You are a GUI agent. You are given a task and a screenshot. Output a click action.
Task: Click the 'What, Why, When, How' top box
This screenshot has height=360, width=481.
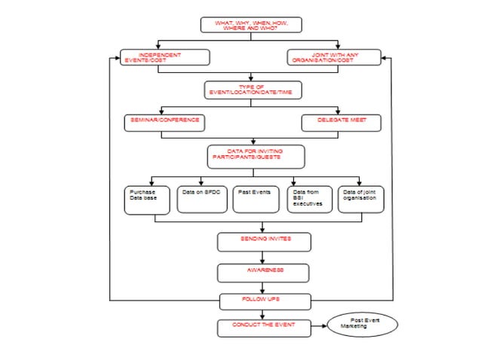click(x=251, y=25)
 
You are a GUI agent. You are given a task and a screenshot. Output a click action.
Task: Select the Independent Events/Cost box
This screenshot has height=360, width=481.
click(x=159, y=57)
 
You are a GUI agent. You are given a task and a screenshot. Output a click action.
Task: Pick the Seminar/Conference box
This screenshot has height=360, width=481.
click(x=164, y=122)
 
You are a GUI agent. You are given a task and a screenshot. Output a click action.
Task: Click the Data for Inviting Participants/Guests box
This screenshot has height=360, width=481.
click(x=256, y=157)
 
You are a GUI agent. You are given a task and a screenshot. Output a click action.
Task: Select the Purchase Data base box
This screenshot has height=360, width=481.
click(x=146, y=200)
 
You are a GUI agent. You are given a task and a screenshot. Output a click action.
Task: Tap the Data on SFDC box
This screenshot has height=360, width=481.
click(x=202, y=199)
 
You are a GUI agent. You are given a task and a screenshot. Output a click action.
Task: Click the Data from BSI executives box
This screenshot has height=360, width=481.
click(x=309, y=199)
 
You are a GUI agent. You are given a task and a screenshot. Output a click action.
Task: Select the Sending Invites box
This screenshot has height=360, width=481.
click(x=264, y=241)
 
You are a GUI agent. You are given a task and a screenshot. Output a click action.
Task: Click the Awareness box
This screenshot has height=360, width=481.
click(x=264, y=271)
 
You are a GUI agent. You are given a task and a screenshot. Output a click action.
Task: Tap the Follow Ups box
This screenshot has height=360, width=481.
click(x=265, y=301)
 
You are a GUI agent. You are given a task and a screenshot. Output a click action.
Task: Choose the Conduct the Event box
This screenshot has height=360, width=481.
click(x=263, y=328)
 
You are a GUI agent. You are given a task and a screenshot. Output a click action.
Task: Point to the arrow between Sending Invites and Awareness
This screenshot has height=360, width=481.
click(x=263, y=257)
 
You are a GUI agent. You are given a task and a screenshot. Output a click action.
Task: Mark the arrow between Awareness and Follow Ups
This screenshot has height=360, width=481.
click(x=263, y=287)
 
